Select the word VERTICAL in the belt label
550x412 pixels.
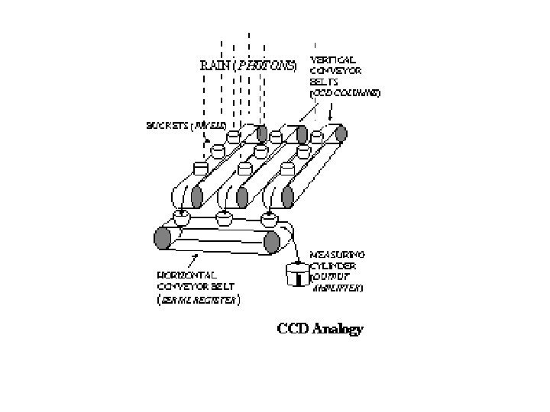[x=330, y=58]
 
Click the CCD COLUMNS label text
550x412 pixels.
[x=345, y=92]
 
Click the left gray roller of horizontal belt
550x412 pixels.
[x=161, y=238]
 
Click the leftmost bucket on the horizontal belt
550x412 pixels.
[x=182, y=217]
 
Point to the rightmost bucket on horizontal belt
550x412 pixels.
[x=267, y=220]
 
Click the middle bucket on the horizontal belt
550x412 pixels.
[x=224, y=220]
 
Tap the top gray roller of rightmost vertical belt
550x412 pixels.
[x=341, y=134]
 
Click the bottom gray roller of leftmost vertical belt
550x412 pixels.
[x=197, y=197]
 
